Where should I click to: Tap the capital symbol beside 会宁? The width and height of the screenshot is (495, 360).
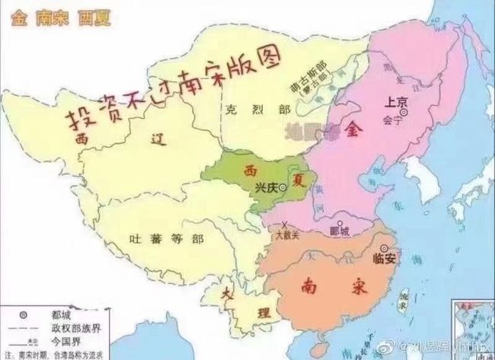click(405, 113)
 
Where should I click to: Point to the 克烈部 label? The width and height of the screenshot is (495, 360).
click(244, 110)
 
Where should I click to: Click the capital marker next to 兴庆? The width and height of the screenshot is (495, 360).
click(283, 186)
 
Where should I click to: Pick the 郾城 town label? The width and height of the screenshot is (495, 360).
click(340, 231)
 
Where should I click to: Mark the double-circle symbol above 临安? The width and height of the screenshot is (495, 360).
click(384, 247)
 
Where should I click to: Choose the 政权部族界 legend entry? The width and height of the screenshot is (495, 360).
click(76, 327)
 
